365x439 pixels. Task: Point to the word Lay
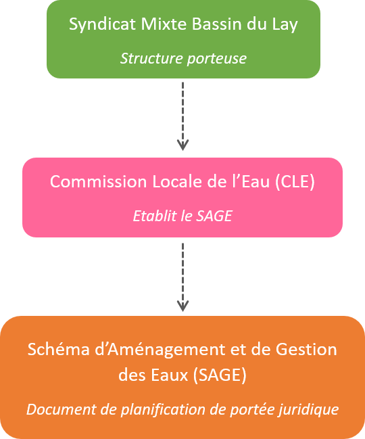click(x=285, y=25)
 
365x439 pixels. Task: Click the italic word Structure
click(x=151, y=59)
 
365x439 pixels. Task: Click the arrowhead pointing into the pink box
click(x=182, y=145)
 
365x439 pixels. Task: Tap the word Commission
click(x=98, y=182)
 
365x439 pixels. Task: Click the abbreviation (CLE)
click(x=295, y=182)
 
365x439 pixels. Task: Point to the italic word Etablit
click(x=155, y=216)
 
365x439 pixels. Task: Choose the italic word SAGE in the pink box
click(x=214, y=216)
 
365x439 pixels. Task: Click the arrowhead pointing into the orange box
click(x=182, y=306)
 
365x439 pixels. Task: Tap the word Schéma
click(x=58, y=350)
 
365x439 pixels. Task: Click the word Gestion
click(x=306, y=350)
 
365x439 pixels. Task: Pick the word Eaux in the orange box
click(x=170, y=375)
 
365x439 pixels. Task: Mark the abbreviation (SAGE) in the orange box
click(x=220, y=375)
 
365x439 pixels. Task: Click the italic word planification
click(x=163, y=410)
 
